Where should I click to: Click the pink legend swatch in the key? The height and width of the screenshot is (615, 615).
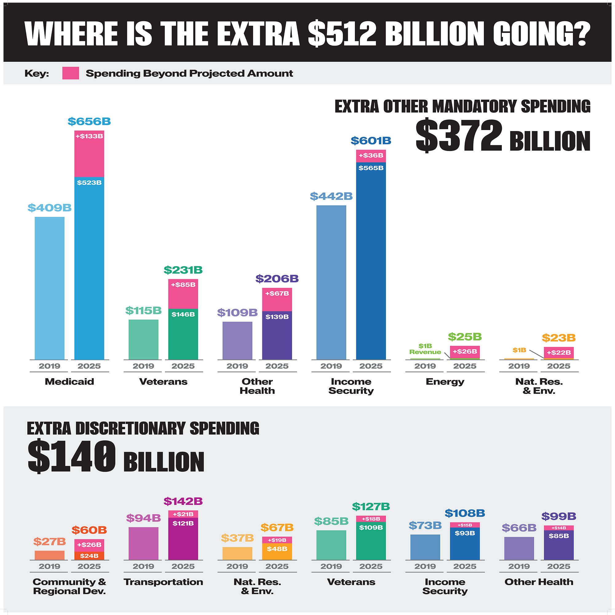point(70,73)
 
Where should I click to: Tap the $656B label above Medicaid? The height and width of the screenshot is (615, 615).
point(89,121)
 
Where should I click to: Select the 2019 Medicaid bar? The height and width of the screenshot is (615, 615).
point(49,288)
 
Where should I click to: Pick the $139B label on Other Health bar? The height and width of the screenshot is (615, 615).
point(277,317)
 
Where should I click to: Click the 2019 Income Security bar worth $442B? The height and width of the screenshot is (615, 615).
point(331,282)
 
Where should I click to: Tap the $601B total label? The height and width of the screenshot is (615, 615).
point(371,141)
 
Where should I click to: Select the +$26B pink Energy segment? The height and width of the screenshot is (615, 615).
point(465,352)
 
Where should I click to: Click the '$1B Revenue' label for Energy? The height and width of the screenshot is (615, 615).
point(425,349)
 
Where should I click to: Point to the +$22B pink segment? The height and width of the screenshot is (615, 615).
point(559,352)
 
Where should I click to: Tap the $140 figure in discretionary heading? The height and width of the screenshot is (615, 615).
point(72,456)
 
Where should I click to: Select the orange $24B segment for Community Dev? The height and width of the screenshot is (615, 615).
point(89,556)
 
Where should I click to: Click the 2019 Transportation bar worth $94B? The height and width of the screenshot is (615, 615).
point(143,543)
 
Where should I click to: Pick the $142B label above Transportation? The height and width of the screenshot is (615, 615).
point(183,501)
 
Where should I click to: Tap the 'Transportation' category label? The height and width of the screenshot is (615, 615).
point(163,582)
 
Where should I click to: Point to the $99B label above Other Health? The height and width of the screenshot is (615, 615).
point(559,516)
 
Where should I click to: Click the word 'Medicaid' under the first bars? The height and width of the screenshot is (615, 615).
point(69,381)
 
